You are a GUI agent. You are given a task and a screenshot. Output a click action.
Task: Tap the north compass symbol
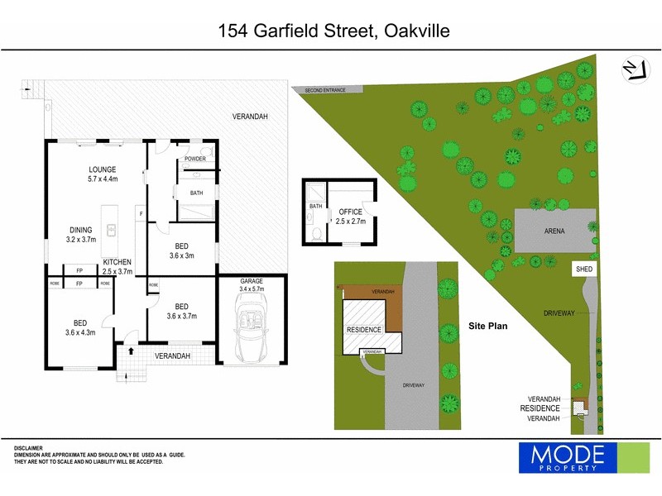(633, 69)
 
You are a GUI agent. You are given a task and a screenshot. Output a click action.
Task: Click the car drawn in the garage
(251, 328)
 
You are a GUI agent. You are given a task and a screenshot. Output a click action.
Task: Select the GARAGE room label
(252, 281)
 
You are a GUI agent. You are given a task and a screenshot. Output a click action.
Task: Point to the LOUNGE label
(103, 169)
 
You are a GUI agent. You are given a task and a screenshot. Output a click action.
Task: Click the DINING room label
(80, 231)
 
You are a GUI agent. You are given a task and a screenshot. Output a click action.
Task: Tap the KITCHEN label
(118, 260)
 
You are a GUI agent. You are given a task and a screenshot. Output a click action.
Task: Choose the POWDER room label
(195, 159)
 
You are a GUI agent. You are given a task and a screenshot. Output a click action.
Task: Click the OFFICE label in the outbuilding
(351, 212)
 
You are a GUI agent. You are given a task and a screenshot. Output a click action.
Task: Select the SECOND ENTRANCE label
(324, 89)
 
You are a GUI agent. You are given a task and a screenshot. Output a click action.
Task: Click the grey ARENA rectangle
(554, 231)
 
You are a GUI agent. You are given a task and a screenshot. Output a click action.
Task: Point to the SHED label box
(585, 269)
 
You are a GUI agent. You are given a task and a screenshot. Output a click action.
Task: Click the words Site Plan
(487, 326)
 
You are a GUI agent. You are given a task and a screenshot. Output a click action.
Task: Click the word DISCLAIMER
(28, 448)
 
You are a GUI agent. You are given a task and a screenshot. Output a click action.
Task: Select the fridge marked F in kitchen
(142, 213)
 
